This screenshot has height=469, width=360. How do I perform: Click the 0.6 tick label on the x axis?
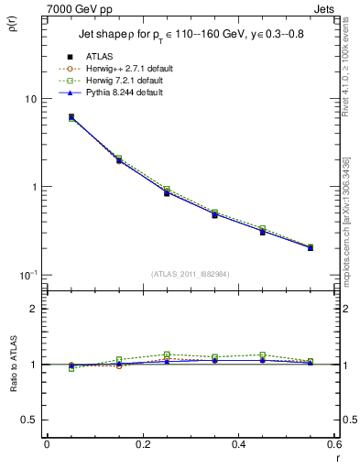coord(333,444)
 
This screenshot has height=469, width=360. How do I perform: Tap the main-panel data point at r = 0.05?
coord(71,117)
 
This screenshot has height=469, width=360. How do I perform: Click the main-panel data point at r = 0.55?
coord(311,247)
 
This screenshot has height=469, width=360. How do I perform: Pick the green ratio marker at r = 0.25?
coord(167,354)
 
